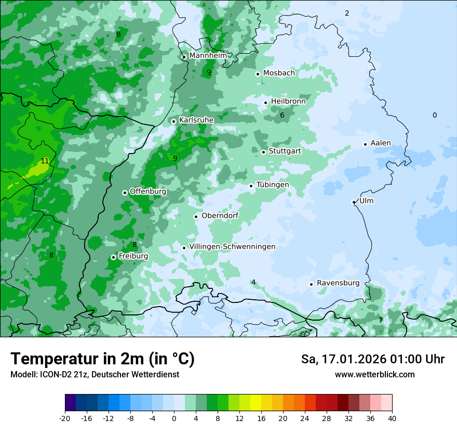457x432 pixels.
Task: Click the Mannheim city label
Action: (x=208, y=56)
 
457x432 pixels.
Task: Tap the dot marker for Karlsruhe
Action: (x=174, y=121)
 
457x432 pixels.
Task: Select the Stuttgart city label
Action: (x=285, y=151)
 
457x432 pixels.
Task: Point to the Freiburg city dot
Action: (x=113, y=257)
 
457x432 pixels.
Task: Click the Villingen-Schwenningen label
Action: (x=232, y=247)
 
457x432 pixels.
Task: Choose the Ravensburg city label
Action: (x=338, y=283)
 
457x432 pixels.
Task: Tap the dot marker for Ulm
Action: (x=354, y=202)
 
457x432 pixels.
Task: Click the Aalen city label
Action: (x=381, y=143)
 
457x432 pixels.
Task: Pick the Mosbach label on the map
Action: (x=279, y=73)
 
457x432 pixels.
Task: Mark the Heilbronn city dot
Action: (x=265, y=103)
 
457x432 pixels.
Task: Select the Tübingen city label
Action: (x=273, y=185)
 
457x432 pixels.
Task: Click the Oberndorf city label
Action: (x=220, y=215)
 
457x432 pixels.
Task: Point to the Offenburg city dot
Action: (x=125, y=193)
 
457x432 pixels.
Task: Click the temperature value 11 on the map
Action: (x=45, y=161)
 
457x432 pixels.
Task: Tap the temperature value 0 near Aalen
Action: (x=435, y=116)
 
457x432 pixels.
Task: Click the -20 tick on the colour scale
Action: (x=65, y=418)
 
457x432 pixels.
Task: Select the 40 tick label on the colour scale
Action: (x=392, y=418)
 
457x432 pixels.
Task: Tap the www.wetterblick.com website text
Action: (x=375, y=375)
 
